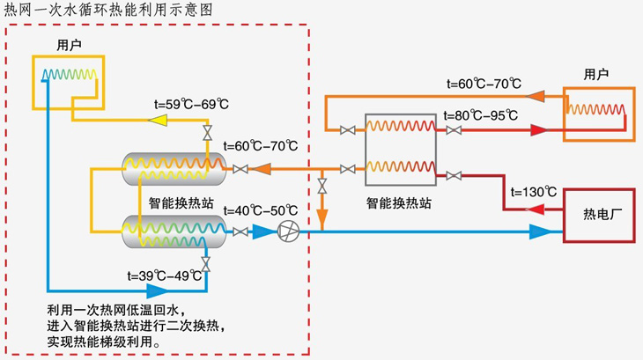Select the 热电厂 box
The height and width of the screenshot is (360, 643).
pyautogui.click(x=598, y=216)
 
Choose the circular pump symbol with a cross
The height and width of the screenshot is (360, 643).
pyautogui.click(x=288, y=232)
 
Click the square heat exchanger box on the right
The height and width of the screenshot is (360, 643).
pyautogui.click(x=401, y=145)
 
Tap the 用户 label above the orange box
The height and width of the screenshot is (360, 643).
pyautogui.click(x=596, y=75)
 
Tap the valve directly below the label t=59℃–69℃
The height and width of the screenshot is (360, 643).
pyautogui.click(x=207, y=134)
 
